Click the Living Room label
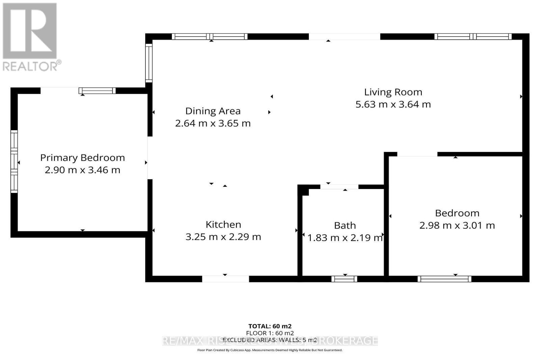click(393, 92)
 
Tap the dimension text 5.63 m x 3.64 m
click(393, 104)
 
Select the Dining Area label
click(213, 111)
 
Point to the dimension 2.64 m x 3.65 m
click(213, 123)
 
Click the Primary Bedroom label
click(82, 158)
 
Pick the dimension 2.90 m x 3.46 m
click(82, 170)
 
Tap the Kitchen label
click(223, 224)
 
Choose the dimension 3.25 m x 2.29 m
click(223, 237)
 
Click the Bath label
click(345, 225)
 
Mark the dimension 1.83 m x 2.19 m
click(345, 238)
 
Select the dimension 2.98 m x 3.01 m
click(457, 225)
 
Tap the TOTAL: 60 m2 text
click(270, 326)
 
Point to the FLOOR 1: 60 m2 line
click(270, 333)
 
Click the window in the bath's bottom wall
click(344, 279)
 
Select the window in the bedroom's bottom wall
click(444, 279)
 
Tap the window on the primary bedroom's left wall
click(14, 161)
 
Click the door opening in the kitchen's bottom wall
click(225, 279)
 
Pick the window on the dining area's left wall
click(149, 63)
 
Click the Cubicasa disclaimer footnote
click(270, 350)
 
